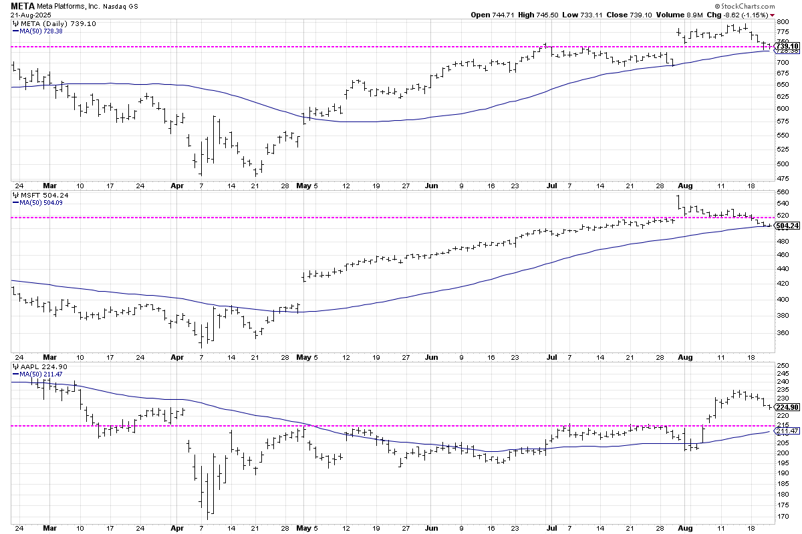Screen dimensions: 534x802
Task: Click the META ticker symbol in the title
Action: coord(22,5)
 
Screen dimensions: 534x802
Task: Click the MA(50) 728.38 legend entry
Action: coord(39,31)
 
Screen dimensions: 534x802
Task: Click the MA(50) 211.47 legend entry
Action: coord(39,374)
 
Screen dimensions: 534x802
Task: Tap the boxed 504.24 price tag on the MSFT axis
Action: coord(787,226)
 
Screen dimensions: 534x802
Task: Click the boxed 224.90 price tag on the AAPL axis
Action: coord(787,408)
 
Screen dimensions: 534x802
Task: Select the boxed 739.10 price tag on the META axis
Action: coord(787,46)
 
